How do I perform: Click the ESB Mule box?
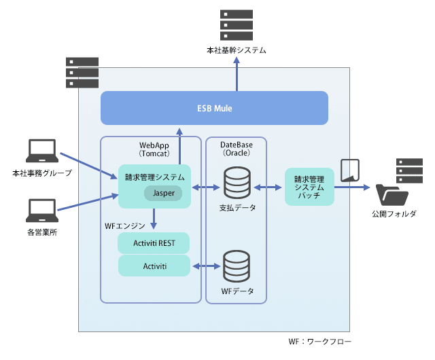tap(214, 108)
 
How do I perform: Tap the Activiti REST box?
tap(154, 242)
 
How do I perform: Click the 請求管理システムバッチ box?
tap(310, 186)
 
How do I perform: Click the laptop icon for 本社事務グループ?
tap(41, 153)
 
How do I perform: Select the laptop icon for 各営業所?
tap(41, 211)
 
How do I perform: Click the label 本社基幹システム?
tap(236, 51)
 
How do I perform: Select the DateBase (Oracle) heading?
tap(236, 149)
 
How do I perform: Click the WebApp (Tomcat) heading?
tap(154, 149)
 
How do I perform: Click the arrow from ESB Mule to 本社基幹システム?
tap(237, 75)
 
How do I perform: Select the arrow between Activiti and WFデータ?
tap(206, 266)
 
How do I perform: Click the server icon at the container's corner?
tap(82, 73)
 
